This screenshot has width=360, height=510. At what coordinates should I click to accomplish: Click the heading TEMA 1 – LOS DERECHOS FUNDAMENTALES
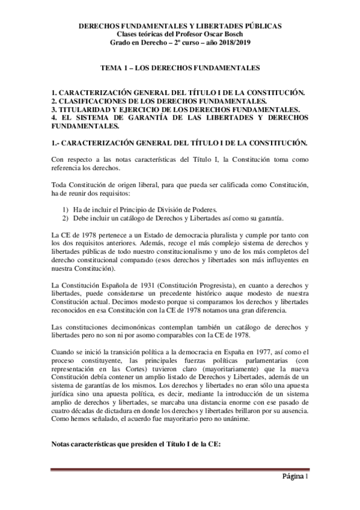180,69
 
